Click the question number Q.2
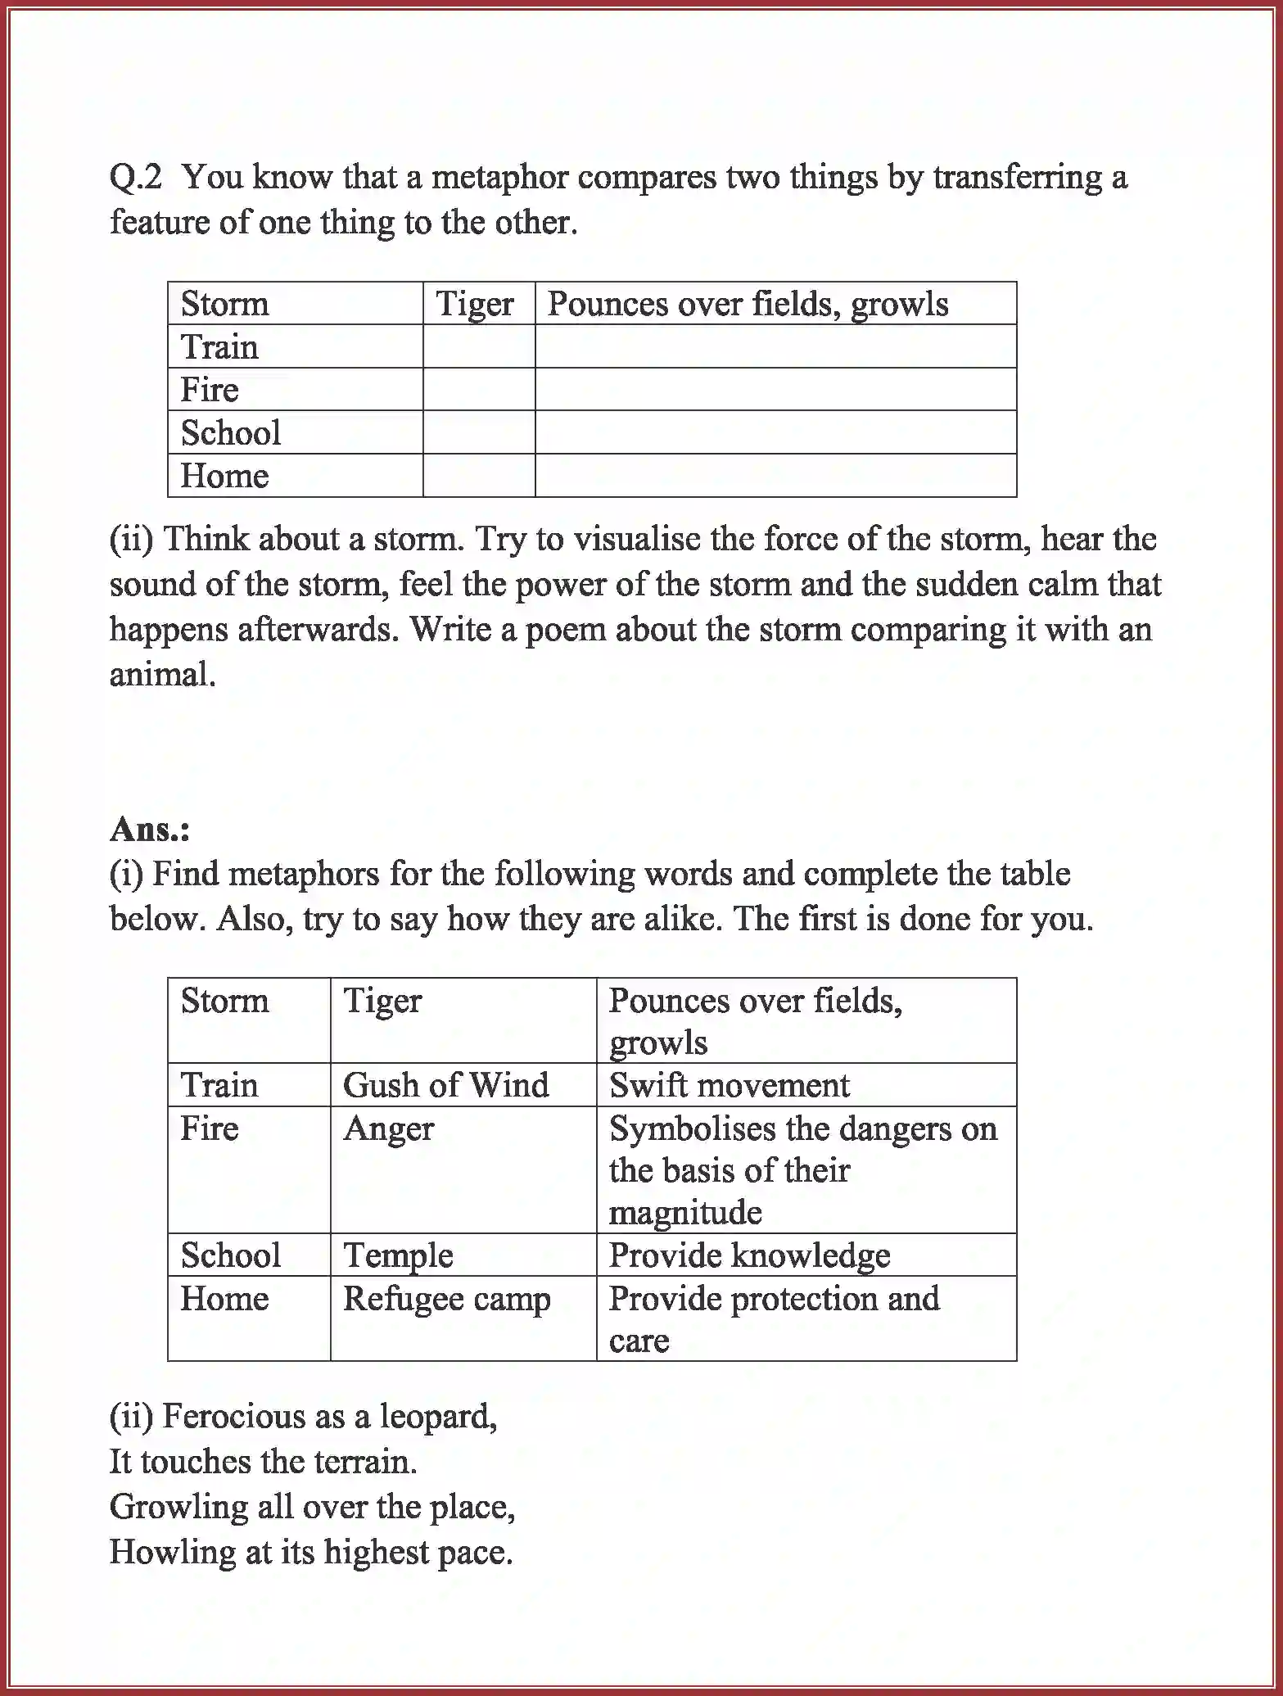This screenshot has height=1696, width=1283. pyautogui.click(x=136, y=178)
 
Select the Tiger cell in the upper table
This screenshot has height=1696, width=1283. pyautogui.click(x=475, y=304)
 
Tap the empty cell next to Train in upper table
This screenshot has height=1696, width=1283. pyautogui.click(x=479, y=346)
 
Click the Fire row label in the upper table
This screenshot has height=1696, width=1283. pyautogui.click(x=210, y=390)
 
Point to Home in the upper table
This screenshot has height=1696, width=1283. pyautogui.click(x=224, y=476)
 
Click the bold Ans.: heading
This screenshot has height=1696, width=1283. pyautogui.click(x=150, y=829)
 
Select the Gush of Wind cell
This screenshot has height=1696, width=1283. pyautogui.click(x=446, y=1085)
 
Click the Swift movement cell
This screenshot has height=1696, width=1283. pyautogui.click(x=730, y=1085)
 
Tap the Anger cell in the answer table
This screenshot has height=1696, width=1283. pyautogui.click(x=388, y=1129)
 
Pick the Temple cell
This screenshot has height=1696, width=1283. pyautogui.click(x=398, y=1255)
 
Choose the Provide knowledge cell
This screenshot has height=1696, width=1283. pyautogui.click(x=749, y=1255)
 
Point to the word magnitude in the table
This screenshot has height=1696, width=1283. pyautogui.click(x=685, y=1213)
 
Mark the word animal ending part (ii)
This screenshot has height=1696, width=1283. pyautogui.click(x=161, y=675)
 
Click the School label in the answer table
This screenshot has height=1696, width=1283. pyautogui.click(x=231, y=1255)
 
